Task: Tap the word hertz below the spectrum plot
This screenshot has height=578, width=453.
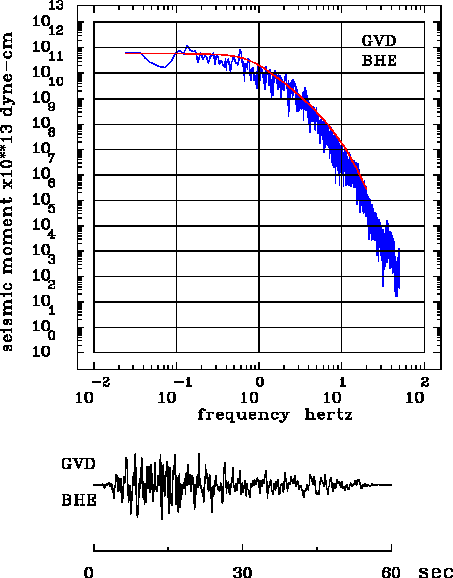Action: (329, 415)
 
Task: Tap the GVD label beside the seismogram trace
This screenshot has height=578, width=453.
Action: (78, 463)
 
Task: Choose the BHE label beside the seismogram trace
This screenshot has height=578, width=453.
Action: (78, 500)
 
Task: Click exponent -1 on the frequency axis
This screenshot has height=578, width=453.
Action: (180, 381)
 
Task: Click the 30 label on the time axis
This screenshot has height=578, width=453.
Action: (242, 572)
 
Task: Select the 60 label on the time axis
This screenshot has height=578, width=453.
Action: (391, 572)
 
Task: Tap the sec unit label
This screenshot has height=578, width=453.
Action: (435, 572)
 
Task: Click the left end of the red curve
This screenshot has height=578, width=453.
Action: (126, 53)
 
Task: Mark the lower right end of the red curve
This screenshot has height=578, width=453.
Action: (366, 189)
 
